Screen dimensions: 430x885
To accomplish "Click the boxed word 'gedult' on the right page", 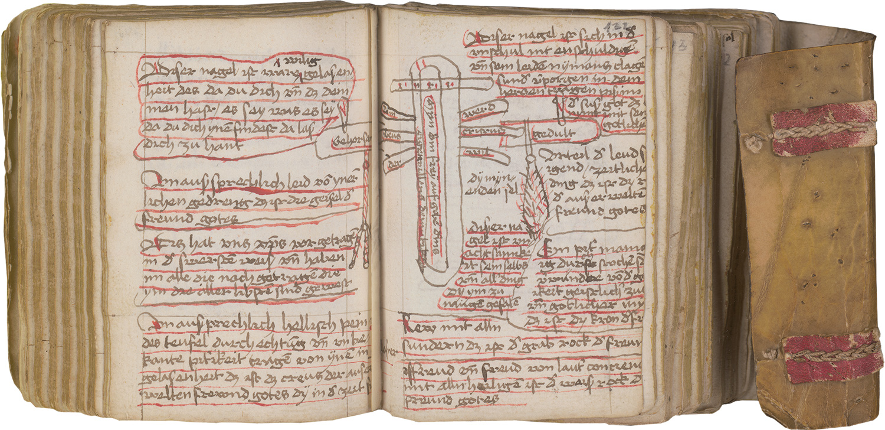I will click(552, 134).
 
